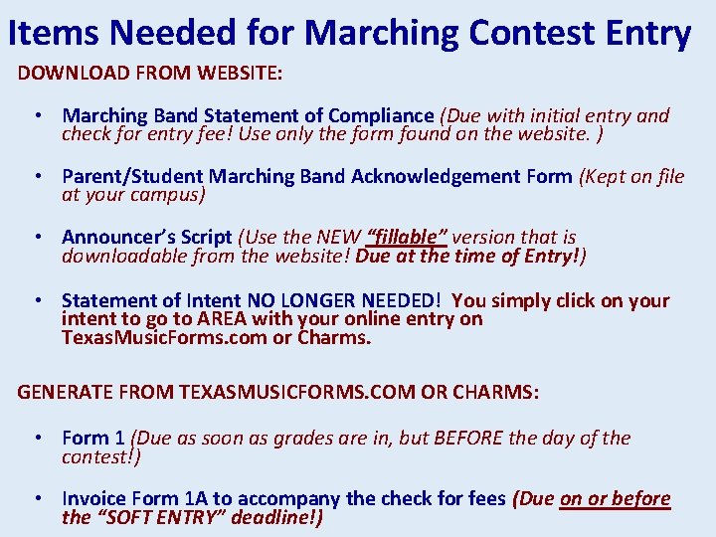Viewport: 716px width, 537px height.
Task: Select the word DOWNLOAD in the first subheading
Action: (x=74, y=73)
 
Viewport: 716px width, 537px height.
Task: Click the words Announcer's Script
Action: (x=146, y=237)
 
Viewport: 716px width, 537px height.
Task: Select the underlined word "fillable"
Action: (x=408, y=237)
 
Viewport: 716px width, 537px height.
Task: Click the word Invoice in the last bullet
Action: (x=94, y=498)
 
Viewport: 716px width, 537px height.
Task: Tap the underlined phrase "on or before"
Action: (x=616, y=498)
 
